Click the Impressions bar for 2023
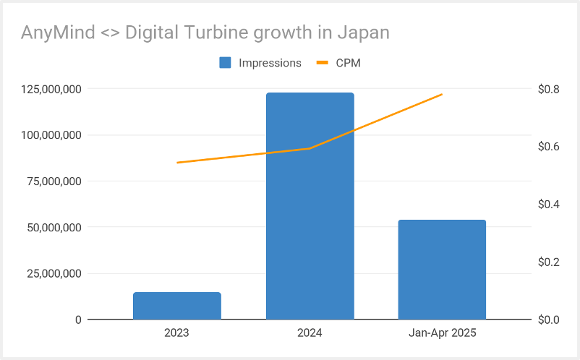coord(176,306)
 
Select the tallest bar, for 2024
coord(310,206)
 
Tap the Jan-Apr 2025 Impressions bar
coord(442,270)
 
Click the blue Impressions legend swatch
coord(225,63)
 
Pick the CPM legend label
coord(348,63)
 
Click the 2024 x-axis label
coord(310,333)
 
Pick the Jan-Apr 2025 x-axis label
coord(442,333)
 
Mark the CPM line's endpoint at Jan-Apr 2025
coord(442,95)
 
